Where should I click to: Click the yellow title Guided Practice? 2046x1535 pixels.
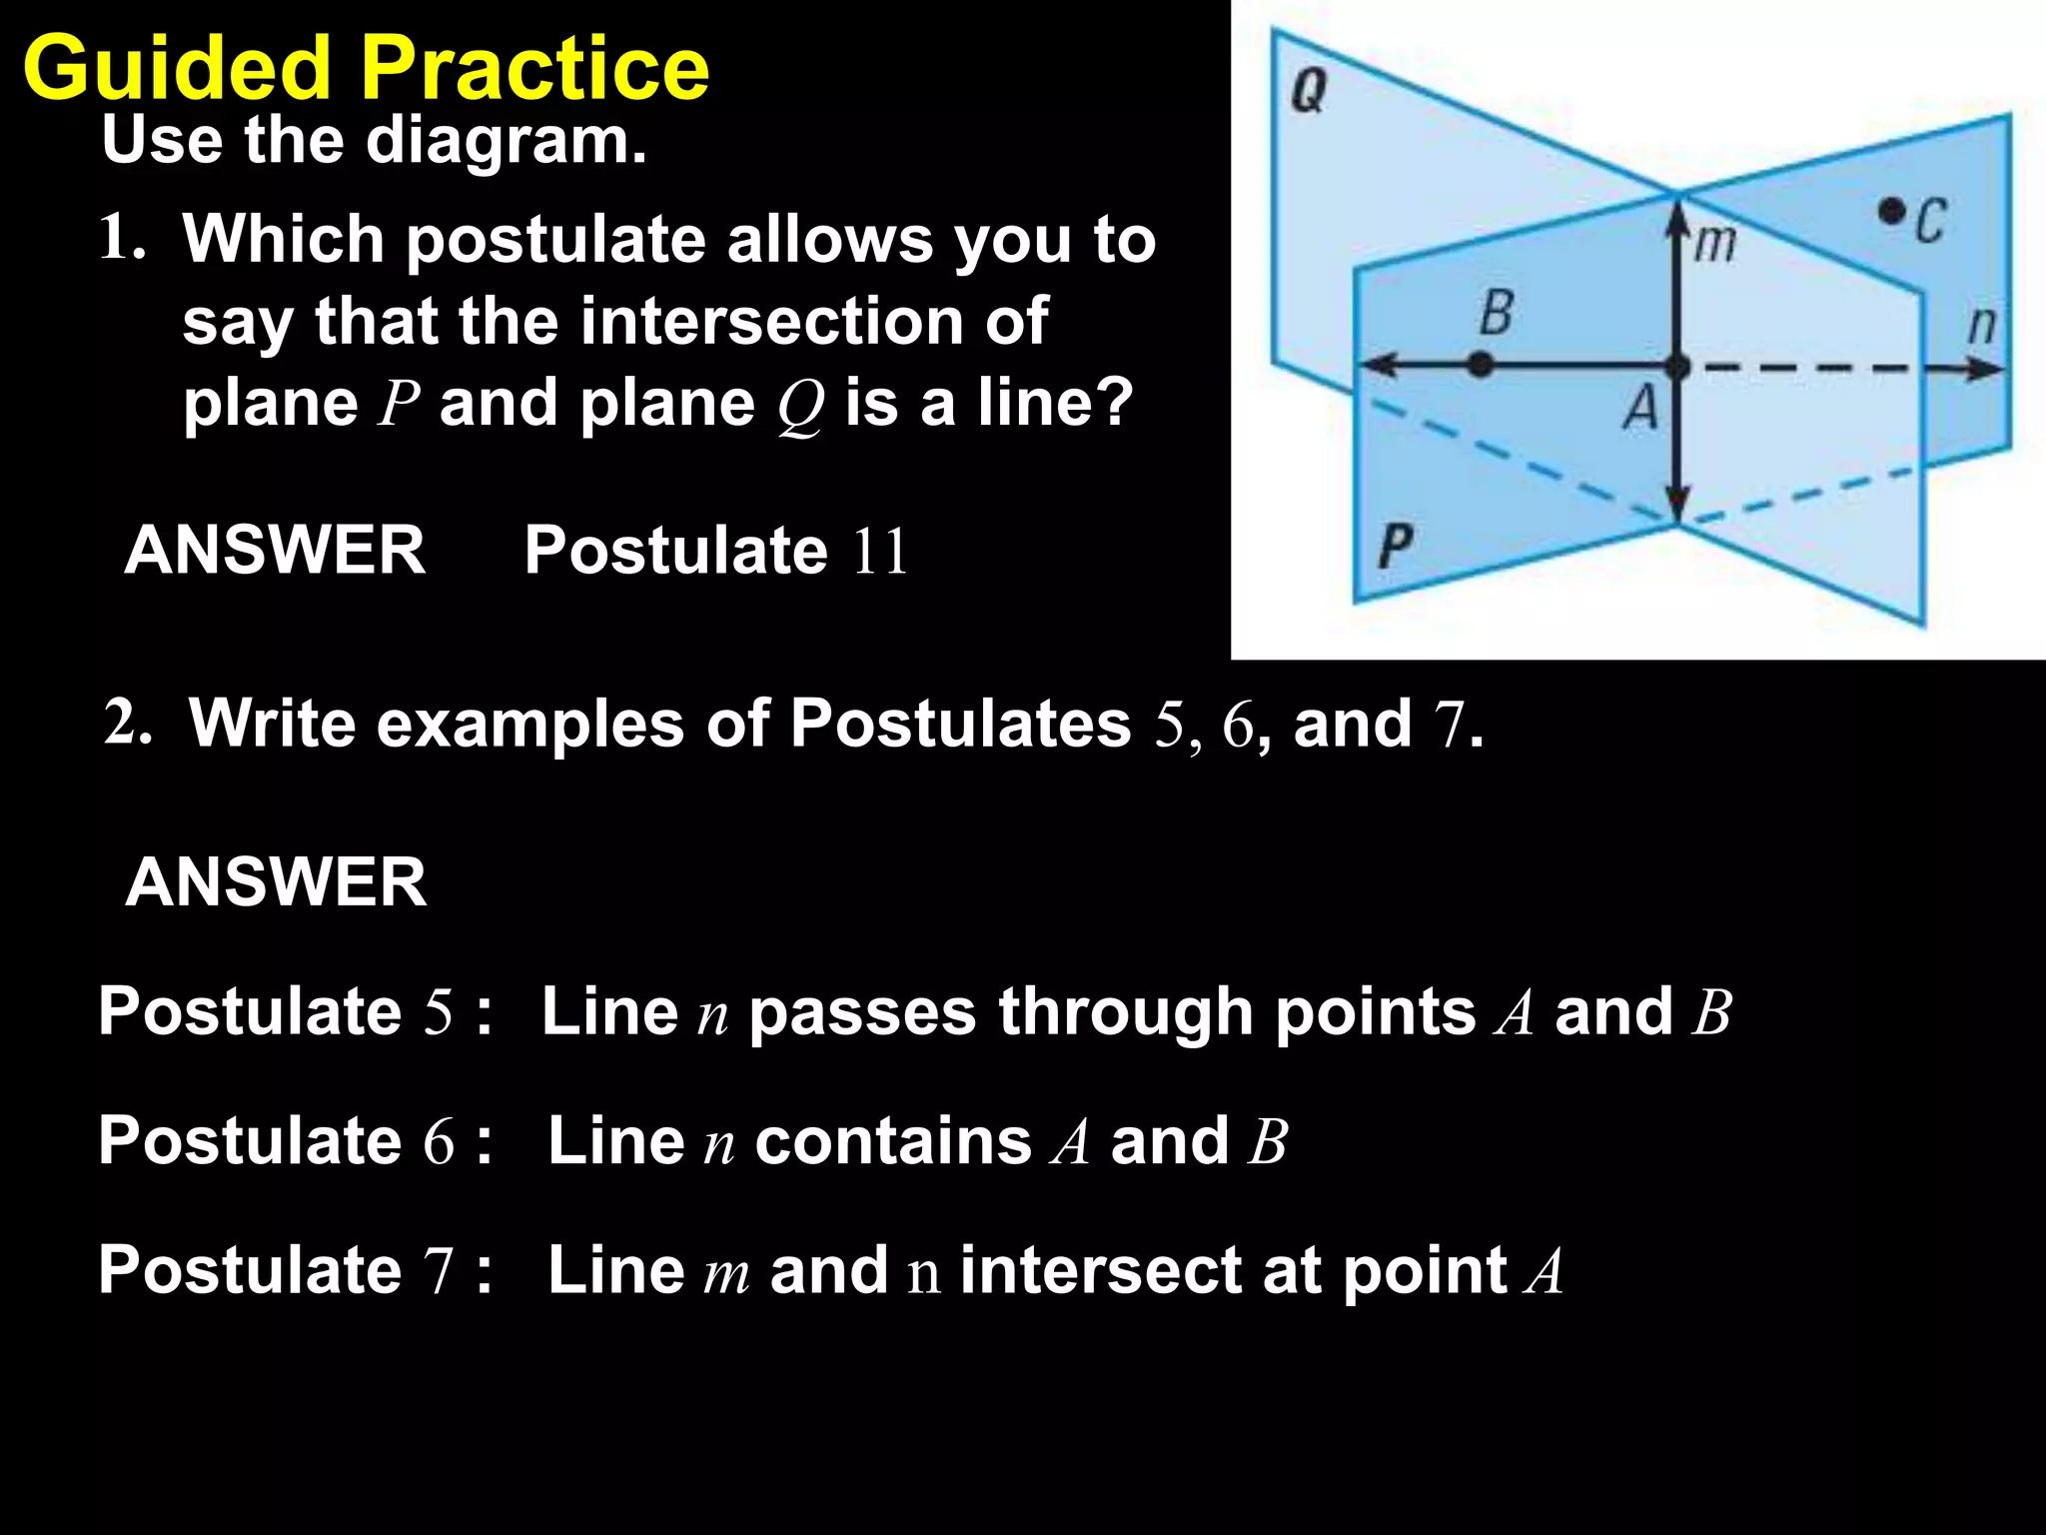tap(366, 68)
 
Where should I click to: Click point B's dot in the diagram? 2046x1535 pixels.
tap(1481, 366)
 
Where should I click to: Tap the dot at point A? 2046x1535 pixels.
tap(1678, 367)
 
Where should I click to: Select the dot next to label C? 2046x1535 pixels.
tap(1890, 211)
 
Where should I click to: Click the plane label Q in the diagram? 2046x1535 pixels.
tap(1309, 92)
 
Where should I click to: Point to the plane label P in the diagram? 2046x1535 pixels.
tap(1395, 547)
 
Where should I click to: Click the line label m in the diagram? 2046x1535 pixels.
tap(1715, 243)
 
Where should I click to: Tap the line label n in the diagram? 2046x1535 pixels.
tap(1981, 326)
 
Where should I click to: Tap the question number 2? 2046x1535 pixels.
tap(127, 722)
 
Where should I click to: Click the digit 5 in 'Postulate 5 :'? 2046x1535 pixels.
tap(439, 1011)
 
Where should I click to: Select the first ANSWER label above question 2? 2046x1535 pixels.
tap(275, 550)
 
